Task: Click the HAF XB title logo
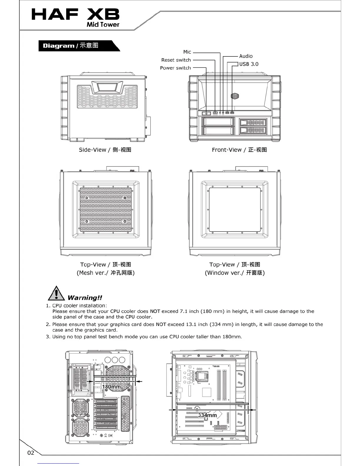click(x=75, y=14)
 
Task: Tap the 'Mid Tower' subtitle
click(x=103, y=25)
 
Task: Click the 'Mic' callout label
click(x=187, y=52)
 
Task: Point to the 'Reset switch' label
click(x=176, y=60)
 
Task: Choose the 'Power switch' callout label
click(x=175, y=68)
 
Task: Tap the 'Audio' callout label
click(x=246, y=56)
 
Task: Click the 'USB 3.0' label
click(x=249, y=64)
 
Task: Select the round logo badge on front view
click(x=234, y=96)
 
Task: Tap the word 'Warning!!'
click(x=85, y=298)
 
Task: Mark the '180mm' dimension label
click(x=111, y=387)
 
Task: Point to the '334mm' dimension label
click(x=207, y=415)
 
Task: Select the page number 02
click(x=31, y=453)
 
